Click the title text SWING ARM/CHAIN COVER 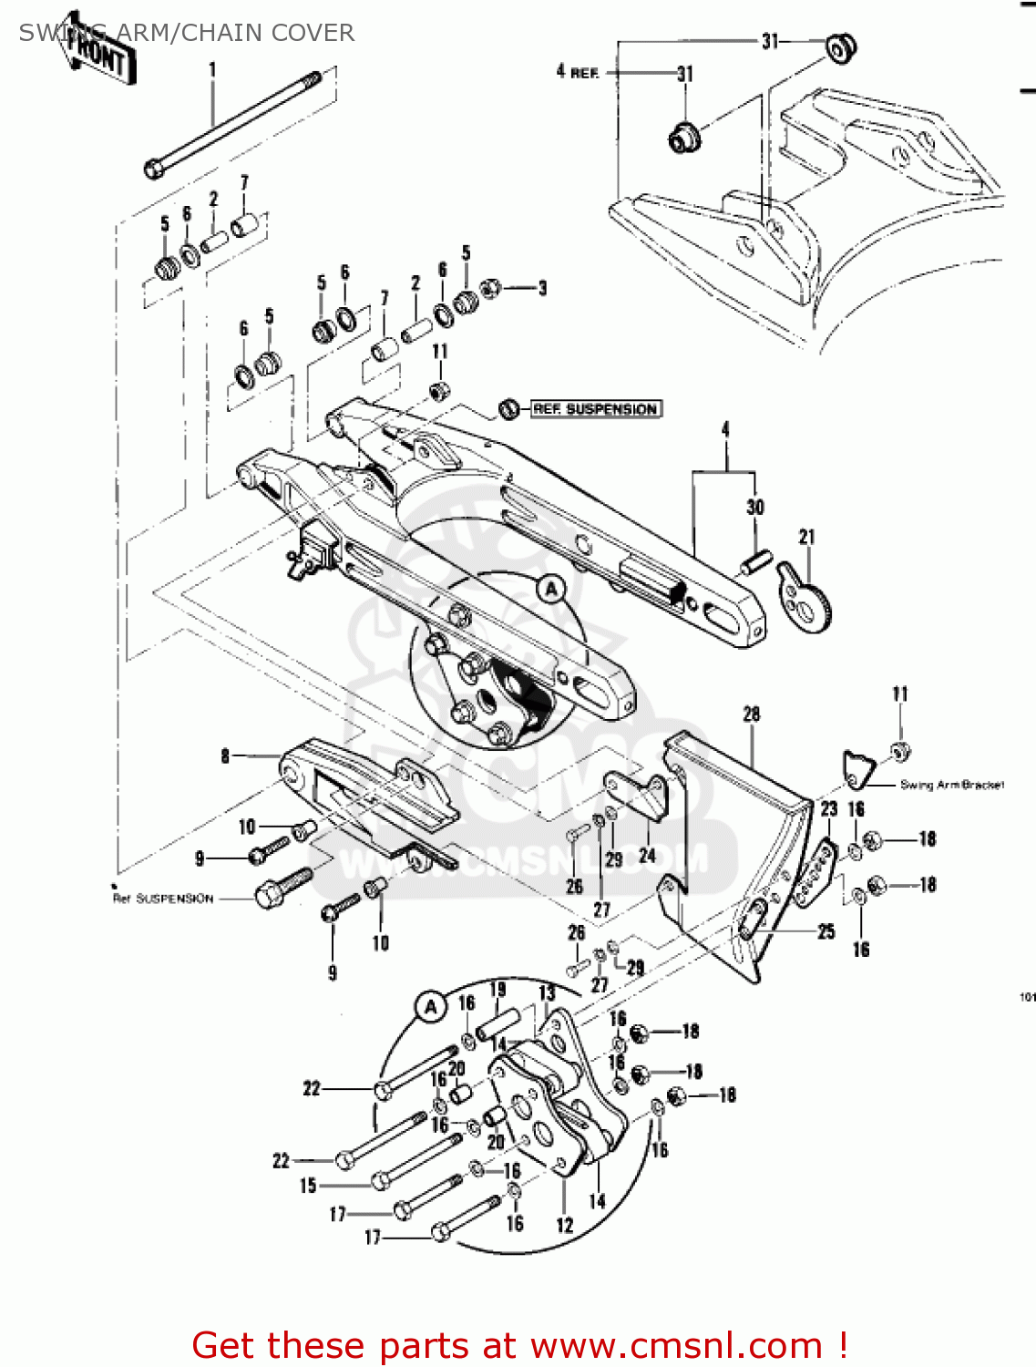click(186, 33)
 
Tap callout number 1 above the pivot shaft click(212, 69)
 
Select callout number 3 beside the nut click(542, 288)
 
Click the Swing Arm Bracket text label click(951, 785)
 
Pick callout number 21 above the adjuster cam click(806, 537)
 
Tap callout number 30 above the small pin click(755, 507)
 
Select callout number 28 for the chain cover click(751, 714)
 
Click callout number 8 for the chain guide click(225, 755)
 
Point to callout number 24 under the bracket click(647, 856)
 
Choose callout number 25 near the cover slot click(826, 931)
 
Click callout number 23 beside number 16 click(828, 808)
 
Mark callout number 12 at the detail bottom click(565, 1226)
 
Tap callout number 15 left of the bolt click(308, 1185)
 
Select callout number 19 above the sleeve click(497, 990)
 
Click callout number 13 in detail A click(547, 993)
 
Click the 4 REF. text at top click(577, 71)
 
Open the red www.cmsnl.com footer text click(519, 1345)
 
